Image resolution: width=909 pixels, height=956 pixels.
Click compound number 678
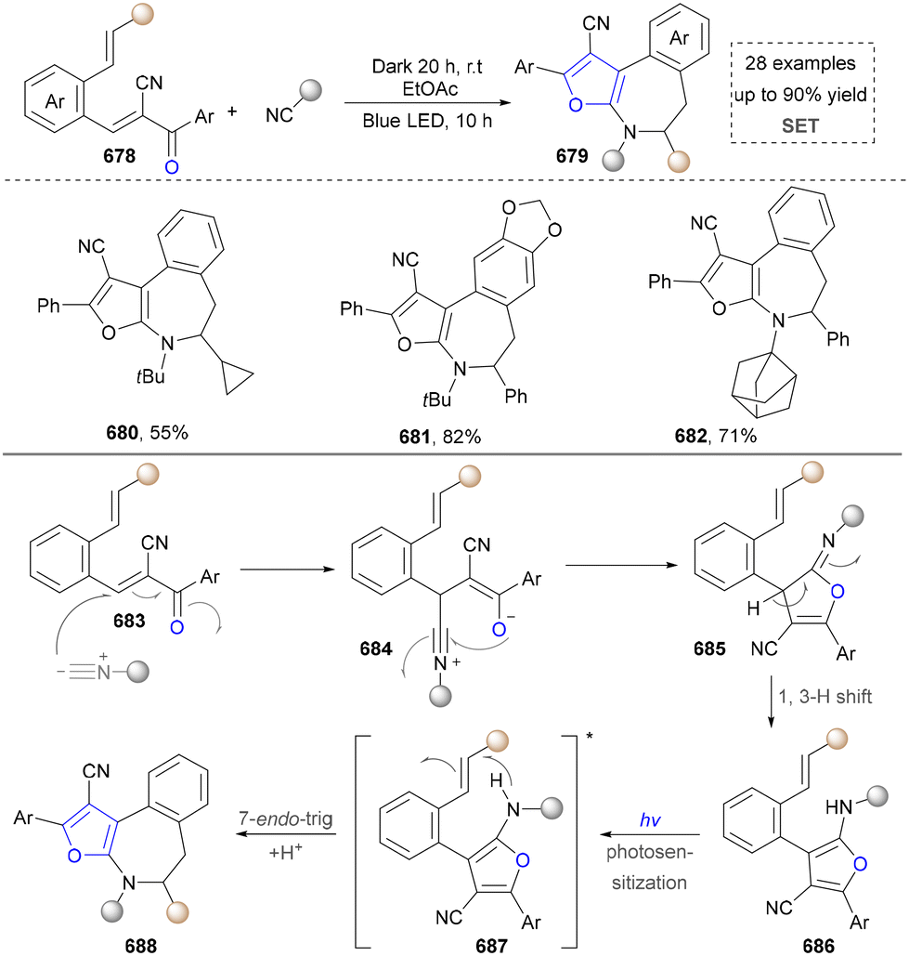coord(119,156)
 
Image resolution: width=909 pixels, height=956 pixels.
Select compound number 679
coord(571,156)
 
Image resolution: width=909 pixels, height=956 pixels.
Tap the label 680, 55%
coord(147,433)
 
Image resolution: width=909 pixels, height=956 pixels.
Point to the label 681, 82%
coord(440,437)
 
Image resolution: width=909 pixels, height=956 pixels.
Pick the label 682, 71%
coord(715,436)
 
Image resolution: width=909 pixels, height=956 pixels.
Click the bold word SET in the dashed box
coord(800,125)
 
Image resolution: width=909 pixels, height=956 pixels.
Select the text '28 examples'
coord(800,63)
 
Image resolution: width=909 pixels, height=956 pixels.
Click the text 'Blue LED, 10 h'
coord(427,121)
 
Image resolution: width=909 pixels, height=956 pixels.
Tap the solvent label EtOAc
coord(430,89)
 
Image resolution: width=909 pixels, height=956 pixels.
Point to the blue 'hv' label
coord(650,820)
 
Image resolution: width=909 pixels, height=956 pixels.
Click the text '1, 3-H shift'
coord(825,696)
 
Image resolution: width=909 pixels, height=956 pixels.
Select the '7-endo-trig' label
coord(286,818)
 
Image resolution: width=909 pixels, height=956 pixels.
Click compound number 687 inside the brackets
coord(491,946)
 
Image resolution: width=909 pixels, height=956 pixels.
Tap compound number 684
coord(375,648)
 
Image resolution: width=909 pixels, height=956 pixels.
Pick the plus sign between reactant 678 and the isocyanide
coord(232,111)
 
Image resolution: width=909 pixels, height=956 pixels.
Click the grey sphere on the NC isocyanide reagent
coord(311,91)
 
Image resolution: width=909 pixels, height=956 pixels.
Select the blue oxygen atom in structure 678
coord(172,165)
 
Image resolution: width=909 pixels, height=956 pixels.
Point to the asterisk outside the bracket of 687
coord(590,737)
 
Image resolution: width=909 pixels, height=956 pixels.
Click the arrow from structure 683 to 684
coord(288,570)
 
